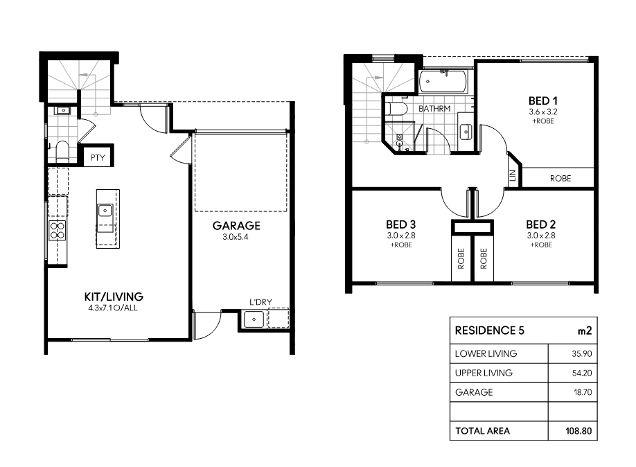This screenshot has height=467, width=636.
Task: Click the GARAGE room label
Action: [x=236, y=226]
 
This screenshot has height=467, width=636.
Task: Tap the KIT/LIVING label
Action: [x=114, y=297]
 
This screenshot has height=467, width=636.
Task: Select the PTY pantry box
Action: [x=98, y=155]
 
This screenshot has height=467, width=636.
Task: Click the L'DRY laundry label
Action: [x=260, y=302]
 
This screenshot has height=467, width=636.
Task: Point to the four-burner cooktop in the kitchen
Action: [x=58, y=231]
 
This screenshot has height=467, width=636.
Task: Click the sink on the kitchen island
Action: [x=105, y=211]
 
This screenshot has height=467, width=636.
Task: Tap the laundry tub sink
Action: [x=254, y=319]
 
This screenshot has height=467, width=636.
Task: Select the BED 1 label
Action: [x=542, y=100]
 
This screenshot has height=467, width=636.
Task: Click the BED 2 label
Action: [x=540, y=224]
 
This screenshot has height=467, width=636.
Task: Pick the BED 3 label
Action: [x=400, y=224]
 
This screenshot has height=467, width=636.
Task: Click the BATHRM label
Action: [x=434, y=109]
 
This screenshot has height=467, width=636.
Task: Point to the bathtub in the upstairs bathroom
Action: [x=443, y=82]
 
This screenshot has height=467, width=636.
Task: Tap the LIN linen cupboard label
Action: [x=513, y=175]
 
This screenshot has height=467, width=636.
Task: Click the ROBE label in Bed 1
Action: [x=560, y=178]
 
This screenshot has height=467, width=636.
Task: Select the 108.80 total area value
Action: [x=578, y=431]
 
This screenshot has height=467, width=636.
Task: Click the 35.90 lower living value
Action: [x=582, y=354]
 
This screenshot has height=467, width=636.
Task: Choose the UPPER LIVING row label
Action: [x=484, y=373]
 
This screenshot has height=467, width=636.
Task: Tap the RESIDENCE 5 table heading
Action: [x=490, y=331]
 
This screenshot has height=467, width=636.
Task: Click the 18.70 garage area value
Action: [x=583, y=392]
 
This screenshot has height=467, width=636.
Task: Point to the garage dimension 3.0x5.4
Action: [x=236, y=237]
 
